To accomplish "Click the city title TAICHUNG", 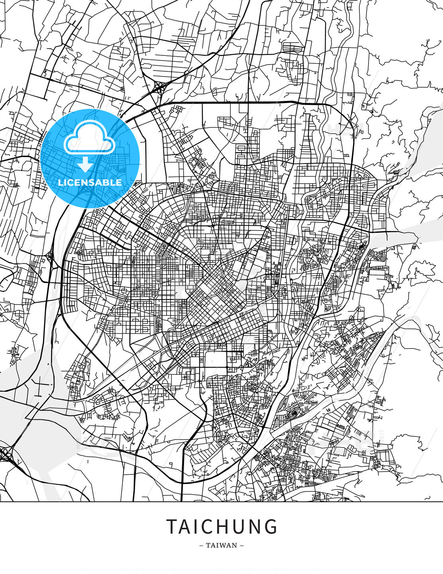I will tap(221, 527).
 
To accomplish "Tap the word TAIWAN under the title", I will tap(221, 545).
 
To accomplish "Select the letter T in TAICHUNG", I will tap(172, 527).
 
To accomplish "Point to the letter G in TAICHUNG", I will tap(271, 527).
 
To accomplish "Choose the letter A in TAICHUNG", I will tap(184, 527).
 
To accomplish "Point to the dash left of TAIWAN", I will tap(201, 545).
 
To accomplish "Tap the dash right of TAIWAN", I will tap(242, 545).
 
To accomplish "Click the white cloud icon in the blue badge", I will tap(89, 138).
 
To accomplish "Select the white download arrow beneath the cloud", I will tap(85, 164).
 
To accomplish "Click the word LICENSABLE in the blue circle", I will tap(90, 183).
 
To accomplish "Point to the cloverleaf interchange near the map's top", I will tap(160, 87).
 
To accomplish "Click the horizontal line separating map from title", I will tap(221, 501).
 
